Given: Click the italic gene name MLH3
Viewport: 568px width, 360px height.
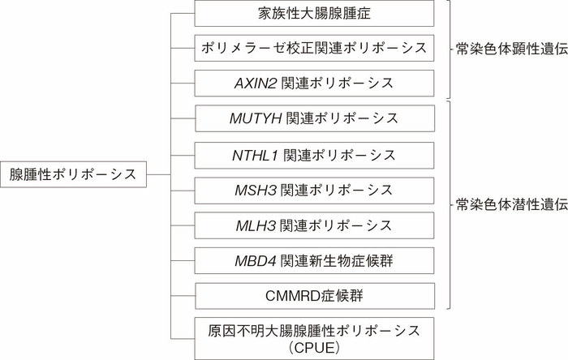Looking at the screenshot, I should point(253,225).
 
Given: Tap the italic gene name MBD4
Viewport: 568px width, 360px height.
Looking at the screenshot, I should point(253,260).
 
